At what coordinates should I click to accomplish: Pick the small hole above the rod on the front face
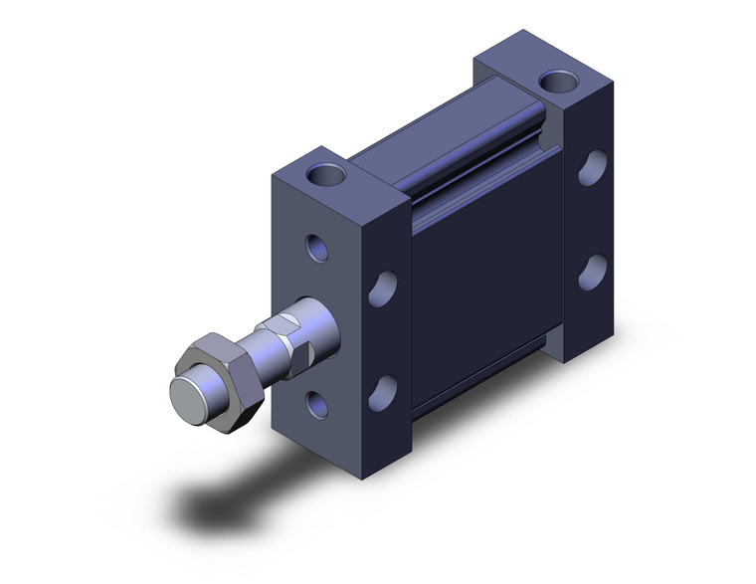pos(317,246)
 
